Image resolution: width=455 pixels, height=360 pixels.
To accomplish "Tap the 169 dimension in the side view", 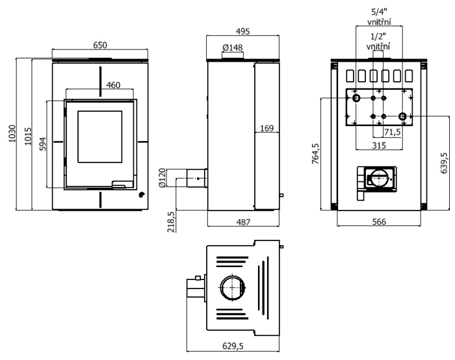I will (266, 129).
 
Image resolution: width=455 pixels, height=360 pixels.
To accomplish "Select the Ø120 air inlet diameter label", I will (162, 177).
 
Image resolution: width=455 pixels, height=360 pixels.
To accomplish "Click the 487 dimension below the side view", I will (242, 222).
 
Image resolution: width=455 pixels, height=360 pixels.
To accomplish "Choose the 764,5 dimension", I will (316, 155).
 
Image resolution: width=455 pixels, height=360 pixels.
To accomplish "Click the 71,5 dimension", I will (392, 132).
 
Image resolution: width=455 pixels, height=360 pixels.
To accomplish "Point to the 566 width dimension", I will (379, 222).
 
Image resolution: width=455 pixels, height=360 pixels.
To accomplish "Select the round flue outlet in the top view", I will (232, 287).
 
